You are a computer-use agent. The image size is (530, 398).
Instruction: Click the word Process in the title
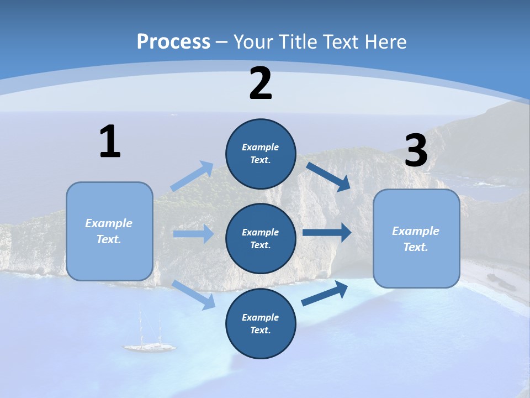(x=173, y=41)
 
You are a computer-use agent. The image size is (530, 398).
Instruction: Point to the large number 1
(x=110, y=142)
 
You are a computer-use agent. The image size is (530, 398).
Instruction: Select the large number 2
(x=261, y=83)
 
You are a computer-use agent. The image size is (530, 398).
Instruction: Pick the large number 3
(x=416, y=150)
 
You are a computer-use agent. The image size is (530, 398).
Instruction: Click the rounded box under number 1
(x=109, y=231)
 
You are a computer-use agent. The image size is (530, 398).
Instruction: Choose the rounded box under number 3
(x=416, y=239)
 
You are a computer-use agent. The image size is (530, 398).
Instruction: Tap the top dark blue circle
(x=261, y=154)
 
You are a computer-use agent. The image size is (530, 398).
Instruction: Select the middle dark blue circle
(x=261, y=239)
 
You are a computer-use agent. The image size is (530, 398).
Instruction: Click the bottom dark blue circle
(x=261, y=323)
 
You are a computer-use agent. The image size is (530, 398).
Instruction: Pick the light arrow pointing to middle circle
(x=193, y=234)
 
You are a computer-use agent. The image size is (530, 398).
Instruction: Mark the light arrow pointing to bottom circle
(x=194, y=294)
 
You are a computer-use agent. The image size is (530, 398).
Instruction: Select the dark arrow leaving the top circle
(x=328, y=176)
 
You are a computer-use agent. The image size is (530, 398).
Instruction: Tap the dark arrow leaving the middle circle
(x=327, y=232)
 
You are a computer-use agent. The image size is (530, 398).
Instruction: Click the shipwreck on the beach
(x=494, y=277)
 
